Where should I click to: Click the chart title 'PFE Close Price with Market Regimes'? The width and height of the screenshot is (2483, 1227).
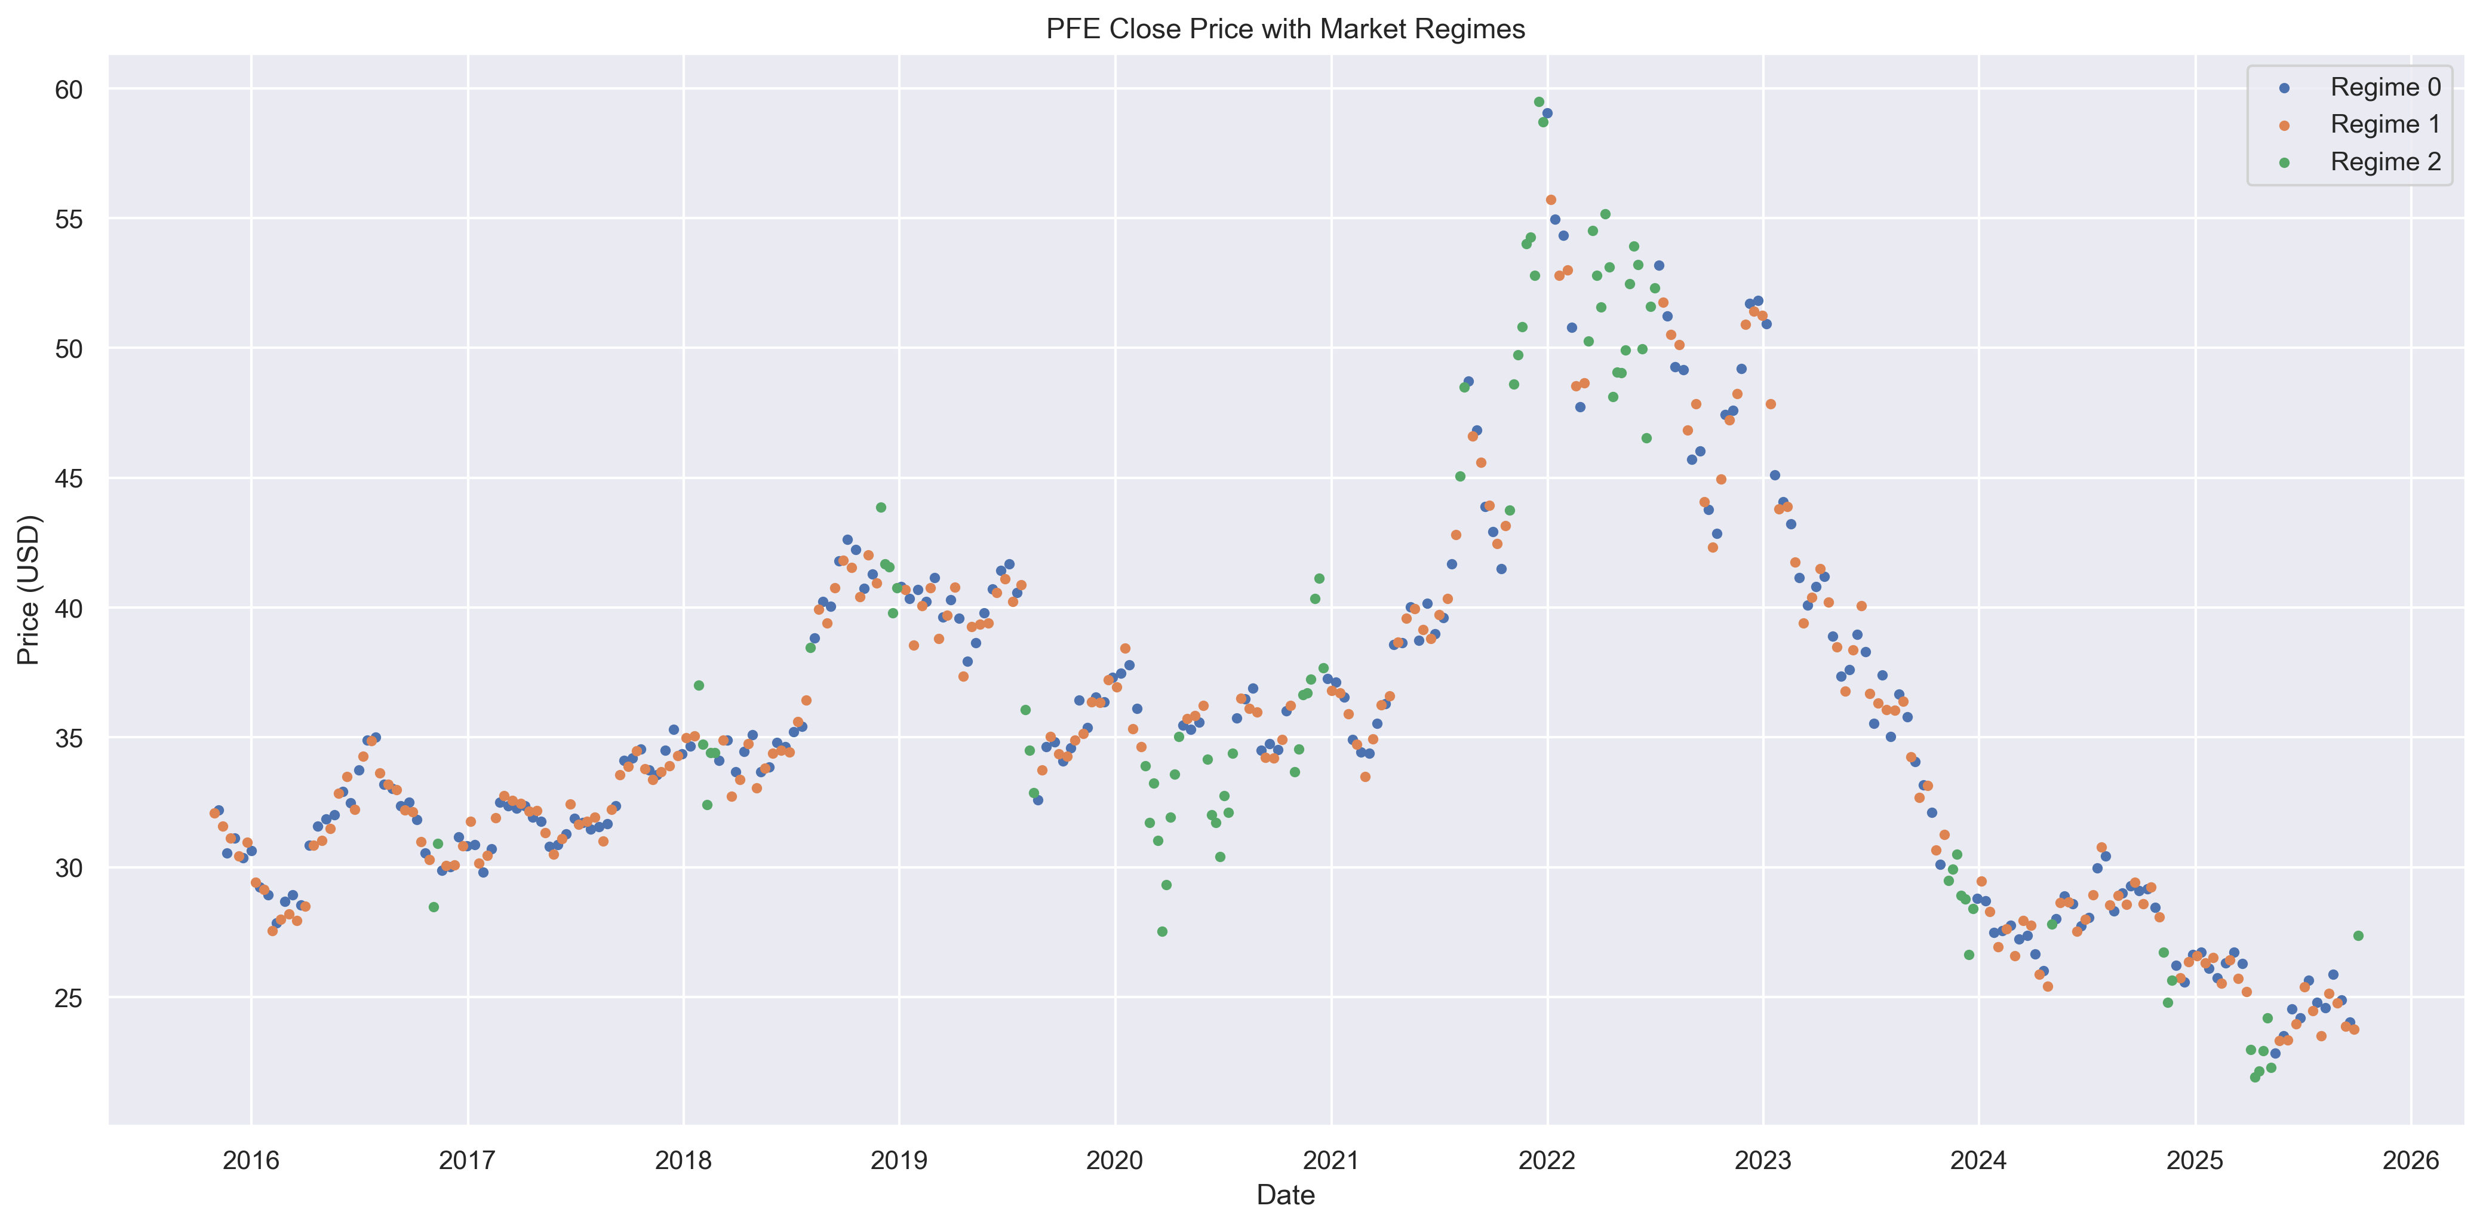pyautogui.click(x=1285, y=29)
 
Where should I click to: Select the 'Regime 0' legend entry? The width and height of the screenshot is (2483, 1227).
pyautogui.click(x=2384, y=88)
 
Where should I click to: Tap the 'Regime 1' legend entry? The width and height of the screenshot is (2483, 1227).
pyautogui.click(x=2384, y=124)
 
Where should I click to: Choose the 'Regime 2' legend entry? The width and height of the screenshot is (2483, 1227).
pyautogui.click(x=2384, y=162)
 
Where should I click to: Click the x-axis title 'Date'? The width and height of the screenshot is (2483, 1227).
pyautogui.click(x=1285, y=1195)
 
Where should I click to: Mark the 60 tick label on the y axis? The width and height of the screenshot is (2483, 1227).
pyautogui.click(x=69, y=90)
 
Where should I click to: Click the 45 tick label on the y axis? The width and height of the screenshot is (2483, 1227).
pyautogui.click(x=69, y=479)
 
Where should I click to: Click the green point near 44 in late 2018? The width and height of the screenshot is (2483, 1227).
pyautogui.click(x=880, y=507)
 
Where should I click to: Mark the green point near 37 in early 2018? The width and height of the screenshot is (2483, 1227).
pyautogui.click(x=699, y=685)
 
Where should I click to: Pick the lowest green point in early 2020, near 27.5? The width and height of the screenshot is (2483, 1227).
pyautogui.click(x=1161, y=931)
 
